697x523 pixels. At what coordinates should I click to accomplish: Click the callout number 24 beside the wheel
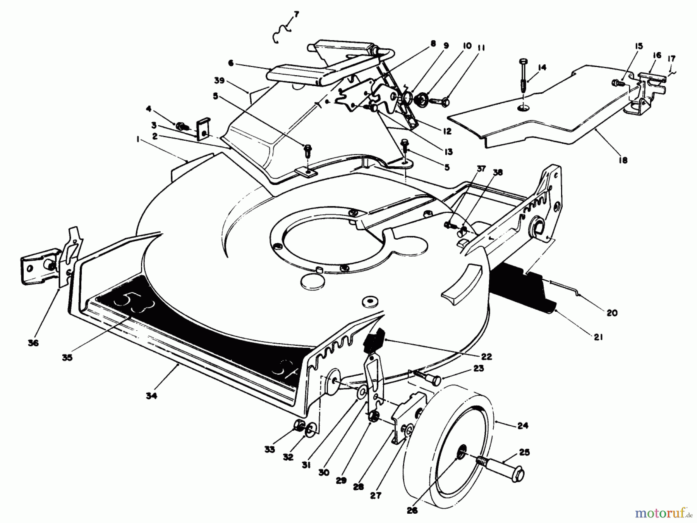522,426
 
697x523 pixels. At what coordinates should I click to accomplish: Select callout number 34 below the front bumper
151,396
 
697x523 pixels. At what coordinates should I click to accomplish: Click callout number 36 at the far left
33,343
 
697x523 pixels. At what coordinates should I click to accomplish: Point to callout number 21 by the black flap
598,337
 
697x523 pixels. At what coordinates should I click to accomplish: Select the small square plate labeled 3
202,129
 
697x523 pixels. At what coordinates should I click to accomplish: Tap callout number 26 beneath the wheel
412,511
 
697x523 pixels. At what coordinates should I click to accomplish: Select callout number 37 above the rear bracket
481,169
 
